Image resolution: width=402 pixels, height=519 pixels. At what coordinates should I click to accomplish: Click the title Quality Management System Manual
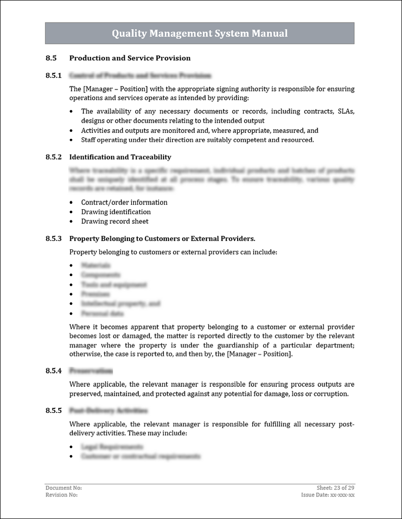click(x=199, y=34)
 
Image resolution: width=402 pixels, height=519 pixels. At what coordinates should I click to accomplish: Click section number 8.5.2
click(x=53, y=157)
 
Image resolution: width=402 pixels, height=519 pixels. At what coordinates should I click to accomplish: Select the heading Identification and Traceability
click(x=120, y=157)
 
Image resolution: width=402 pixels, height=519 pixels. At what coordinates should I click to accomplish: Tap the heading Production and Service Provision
click(x=130, y=58)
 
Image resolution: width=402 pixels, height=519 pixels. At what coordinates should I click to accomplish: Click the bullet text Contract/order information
click(x=124, y=202)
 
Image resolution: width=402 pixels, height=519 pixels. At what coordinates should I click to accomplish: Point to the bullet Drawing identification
click(x=116, y=212)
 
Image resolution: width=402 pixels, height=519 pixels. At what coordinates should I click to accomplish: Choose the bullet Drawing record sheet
click(x=115, y=221)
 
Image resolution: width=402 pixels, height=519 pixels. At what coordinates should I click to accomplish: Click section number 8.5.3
click(x=53, y=238)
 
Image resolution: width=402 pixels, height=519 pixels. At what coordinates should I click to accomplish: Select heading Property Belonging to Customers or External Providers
click(x=162, y=238)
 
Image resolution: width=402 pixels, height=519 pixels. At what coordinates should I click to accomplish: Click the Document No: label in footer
click(x=63, y=488)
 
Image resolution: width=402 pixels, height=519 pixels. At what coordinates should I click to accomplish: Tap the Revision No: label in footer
click(x=61, y=495)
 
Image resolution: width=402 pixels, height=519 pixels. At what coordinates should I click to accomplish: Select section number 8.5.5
click(x=53, y=410)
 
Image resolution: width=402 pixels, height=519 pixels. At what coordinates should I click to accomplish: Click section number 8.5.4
click(x=53, y=371)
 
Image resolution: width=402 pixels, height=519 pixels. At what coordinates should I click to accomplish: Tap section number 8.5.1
click(x=53, y=75)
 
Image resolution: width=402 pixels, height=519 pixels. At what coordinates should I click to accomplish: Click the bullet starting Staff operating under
click(x=197, y=140)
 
